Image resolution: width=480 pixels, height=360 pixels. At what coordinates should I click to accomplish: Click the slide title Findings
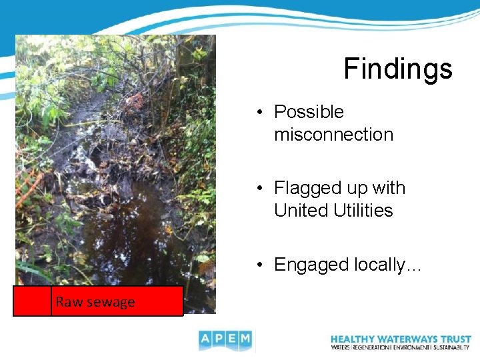(397, 69)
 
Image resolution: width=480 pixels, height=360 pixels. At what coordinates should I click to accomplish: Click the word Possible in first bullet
(309, 112)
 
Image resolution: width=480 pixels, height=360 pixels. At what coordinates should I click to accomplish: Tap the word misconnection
(333, 135)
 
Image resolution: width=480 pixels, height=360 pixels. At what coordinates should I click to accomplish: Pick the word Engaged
(310, 265)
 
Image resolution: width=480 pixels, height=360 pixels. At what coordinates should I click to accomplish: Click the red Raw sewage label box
(98, 301)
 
